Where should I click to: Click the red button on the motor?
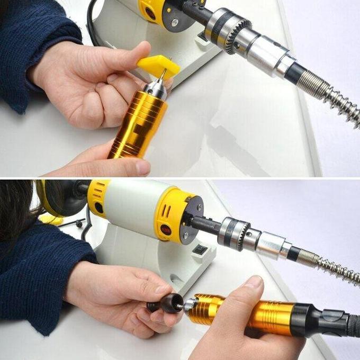(x=165, y=229)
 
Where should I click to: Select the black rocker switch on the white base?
(x=200, y=249)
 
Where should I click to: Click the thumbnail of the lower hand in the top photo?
(x=141, y=167)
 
